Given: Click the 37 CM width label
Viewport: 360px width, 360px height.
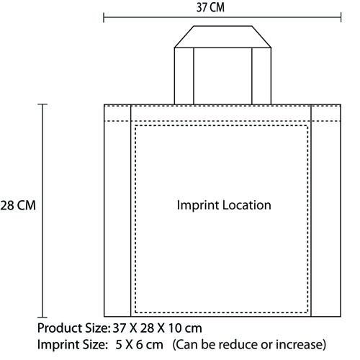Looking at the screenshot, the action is pos(210,7).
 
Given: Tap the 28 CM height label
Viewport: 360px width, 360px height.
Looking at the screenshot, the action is pos(18,205).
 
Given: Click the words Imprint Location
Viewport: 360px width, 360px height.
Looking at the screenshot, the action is pos(224,206).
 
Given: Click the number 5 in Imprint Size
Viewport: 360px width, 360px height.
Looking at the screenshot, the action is pos(119,345).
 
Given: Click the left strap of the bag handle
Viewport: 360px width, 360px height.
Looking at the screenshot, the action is pos(184,76).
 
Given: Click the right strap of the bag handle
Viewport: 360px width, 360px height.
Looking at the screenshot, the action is pos(261,76).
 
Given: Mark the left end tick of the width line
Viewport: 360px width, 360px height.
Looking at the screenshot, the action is pos(104,17).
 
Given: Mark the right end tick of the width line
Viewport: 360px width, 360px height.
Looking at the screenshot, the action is pos(341,17).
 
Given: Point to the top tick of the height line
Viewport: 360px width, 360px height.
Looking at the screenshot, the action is pos(42,104).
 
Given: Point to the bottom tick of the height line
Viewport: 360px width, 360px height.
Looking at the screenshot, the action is pos(42,317).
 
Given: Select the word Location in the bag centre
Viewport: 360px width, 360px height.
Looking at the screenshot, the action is pos(247,205).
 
